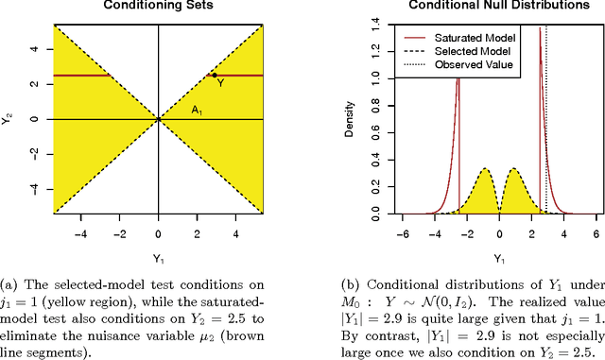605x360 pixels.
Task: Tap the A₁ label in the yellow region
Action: pyautogui.click(x=197, y=111)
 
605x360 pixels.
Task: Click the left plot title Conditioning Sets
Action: pyautogui.click(x=158, y=5)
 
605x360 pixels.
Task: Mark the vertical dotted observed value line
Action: pyautogui.click(x=546, y=142)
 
